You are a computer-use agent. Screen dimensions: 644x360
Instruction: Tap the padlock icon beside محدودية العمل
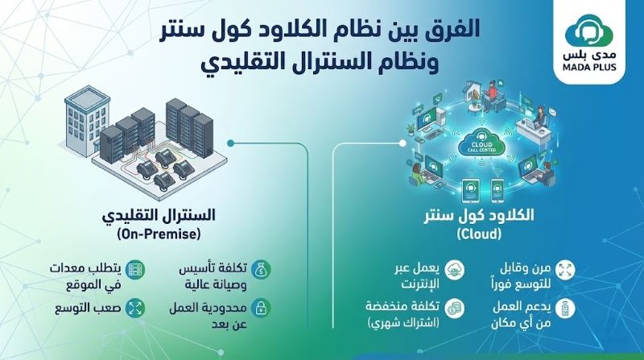coord(260,308)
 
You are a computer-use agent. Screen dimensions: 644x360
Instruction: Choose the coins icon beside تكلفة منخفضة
coord(455,308)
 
